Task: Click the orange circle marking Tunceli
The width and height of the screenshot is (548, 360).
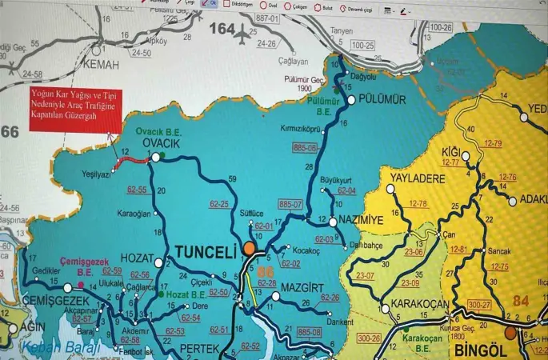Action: click(250, 249)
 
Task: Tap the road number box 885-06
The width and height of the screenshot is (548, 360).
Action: click(306, 148)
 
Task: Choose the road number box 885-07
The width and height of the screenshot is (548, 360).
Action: click(290, 205)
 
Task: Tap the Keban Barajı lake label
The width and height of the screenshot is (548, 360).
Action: click(61, 346)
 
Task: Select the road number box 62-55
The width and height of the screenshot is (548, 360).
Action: click(137, 190)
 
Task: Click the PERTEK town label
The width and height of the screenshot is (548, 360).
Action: click(199, 349)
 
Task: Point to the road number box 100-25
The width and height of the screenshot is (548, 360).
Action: click(362, 46)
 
